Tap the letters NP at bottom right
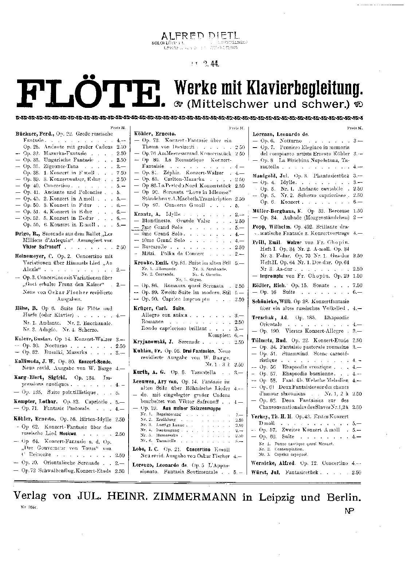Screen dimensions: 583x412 pyautogui.click(x=350, y=511)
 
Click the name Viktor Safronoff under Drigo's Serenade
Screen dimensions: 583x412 pyautogui.click(x=40, y=247)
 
